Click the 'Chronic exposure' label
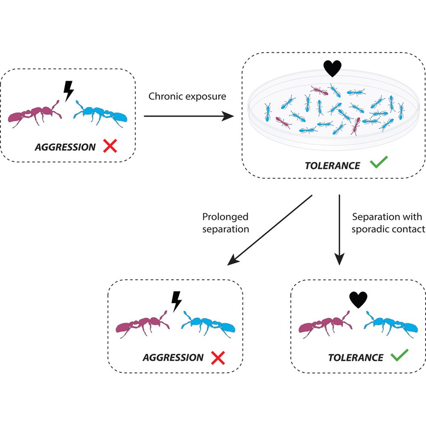(187, 96)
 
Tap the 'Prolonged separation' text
(225, 223)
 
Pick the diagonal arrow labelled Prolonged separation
(270, 230)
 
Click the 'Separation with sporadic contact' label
(388, 223)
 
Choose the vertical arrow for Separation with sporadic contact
(339, 229)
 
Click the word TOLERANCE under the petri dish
(332, 165)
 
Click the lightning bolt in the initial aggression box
(68, 90)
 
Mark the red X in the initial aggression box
(110, 147)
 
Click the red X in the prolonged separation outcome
(218, 357)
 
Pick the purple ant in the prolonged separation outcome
(141, 325)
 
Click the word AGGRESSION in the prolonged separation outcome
(173, 358)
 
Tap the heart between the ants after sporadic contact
(358, 300)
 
